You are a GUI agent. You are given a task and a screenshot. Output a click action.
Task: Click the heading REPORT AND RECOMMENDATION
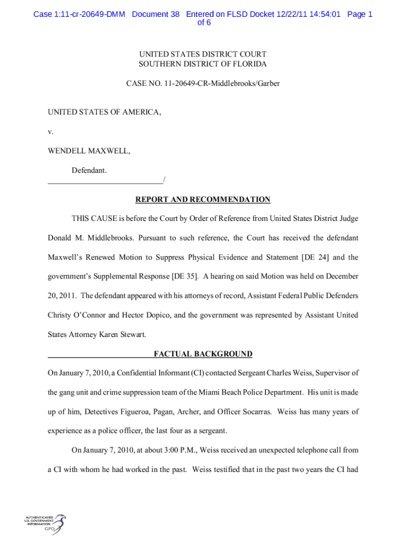click(203, 200)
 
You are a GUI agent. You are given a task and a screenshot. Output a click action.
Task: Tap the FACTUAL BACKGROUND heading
click(203, 354)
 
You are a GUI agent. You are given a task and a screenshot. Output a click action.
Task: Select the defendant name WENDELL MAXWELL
click(89, 151)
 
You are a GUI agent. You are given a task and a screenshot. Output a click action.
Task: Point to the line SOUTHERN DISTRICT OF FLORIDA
click(203, 64)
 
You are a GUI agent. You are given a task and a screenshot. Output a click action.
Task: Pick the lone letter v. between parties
click(51, 131)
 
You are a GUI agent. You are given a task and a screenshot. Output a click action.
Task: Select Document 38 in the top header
click(156, 14)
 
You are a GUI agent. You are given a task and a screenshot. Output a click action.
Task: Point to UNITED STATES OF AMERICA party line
click(104, 112)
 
